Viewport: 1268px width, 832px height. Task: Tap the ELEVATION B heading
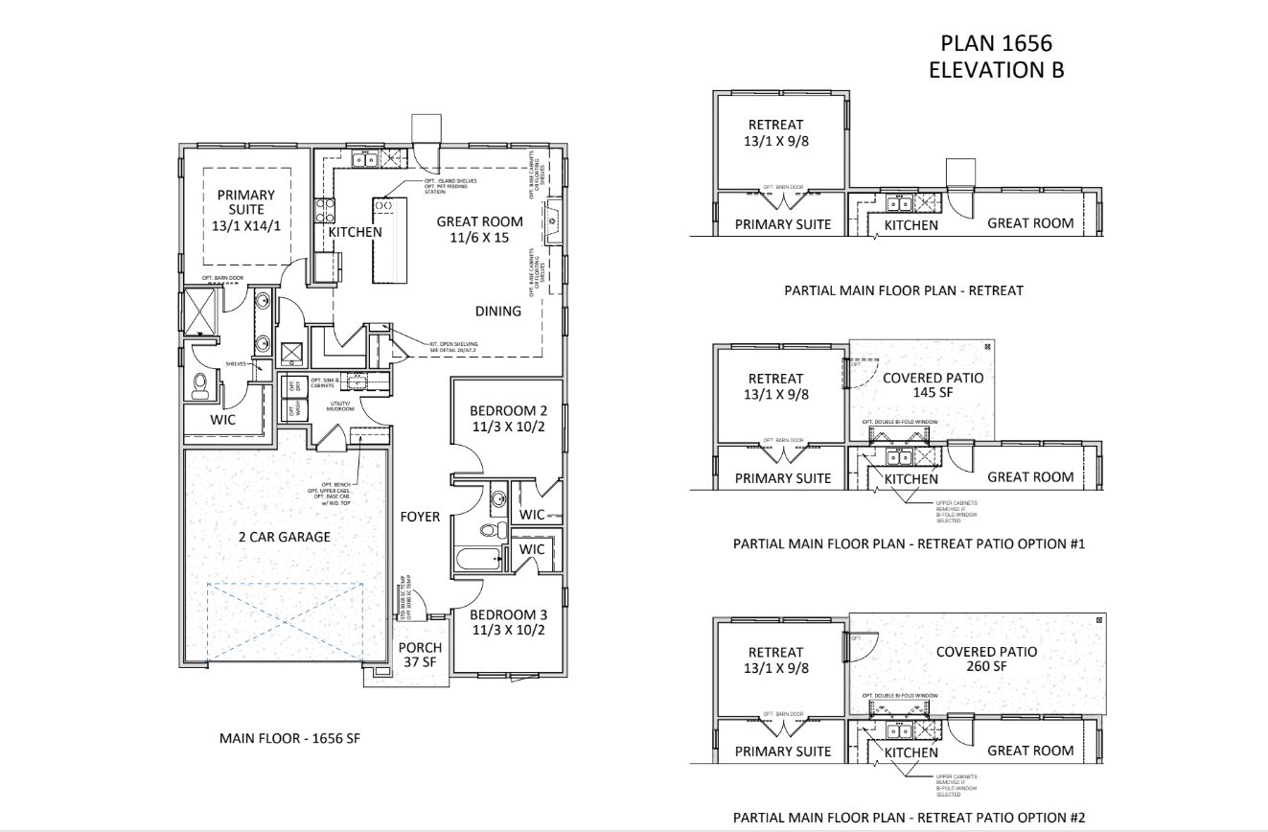(996, 70)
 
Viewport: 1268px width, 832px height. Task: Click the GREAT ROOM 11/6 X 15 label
(479, 229)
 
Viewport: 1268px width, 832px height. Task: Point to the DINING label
(498, 311)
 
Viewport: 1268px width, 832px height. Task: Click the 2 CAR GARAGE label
(284, 537)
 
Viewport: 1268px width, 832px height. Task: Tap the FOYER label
(420, 517)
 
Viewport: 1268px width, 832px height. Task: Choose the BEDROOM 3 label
(509, 622)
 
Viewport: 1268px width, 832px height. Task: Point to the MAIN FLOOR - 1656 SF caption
(289, 738)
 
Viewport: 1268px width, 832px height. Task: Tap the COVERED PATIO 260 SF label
(986, 659)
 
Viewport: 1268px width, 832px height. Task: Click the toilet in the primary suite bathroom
(200, 385)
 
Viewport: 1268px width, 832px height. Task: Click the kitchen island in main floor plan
(390, 241)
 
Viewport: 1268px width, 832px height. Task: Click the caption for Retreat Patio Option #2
(909, 818)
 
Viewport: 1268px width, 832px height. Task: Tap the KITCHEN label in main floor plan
(355, 232)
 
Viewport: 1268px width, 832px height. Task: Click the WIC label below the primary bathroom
(224, 419)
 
